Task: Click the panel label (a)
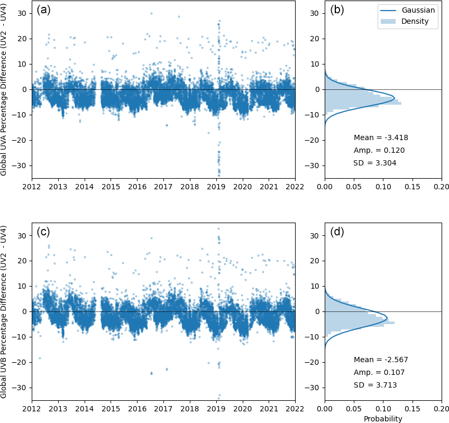(x=43, y=10)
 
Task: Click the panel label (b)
(x=337, y=10)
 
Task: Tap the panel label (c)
(x=43, y=232)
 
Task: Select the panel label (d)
(x=337, y=232)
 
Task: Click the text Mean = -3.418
(x=381, y=137)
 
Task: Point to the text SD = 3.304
(x=375, y=163)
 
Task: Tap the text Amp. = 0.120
(x=379, y=150)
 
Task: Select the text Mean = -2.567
(x=381, y=360)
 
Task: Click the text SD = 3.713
(x=375, y=385)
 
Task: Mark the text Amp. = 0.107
(x=379, y=372)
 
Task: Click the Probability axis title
(x=383, y=419)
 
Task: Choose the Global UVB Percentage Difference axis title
(x=4, y=311)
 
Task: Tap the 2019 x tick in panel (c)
(x=216, y=409)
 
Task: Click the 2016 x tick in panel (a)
(x=137, y=187)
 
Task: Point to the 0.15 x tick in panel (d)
(x=412, y=409)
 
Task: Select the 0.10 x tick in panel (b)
(x=383, y=187)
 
